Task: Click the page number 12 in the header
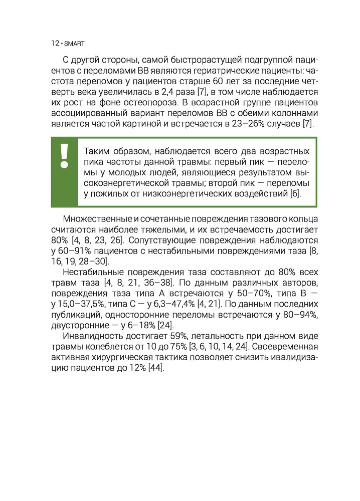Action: pos(55,44)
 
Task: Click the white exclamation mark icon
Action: pos(64,156)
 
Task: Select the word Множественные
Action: pos(98,219)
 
